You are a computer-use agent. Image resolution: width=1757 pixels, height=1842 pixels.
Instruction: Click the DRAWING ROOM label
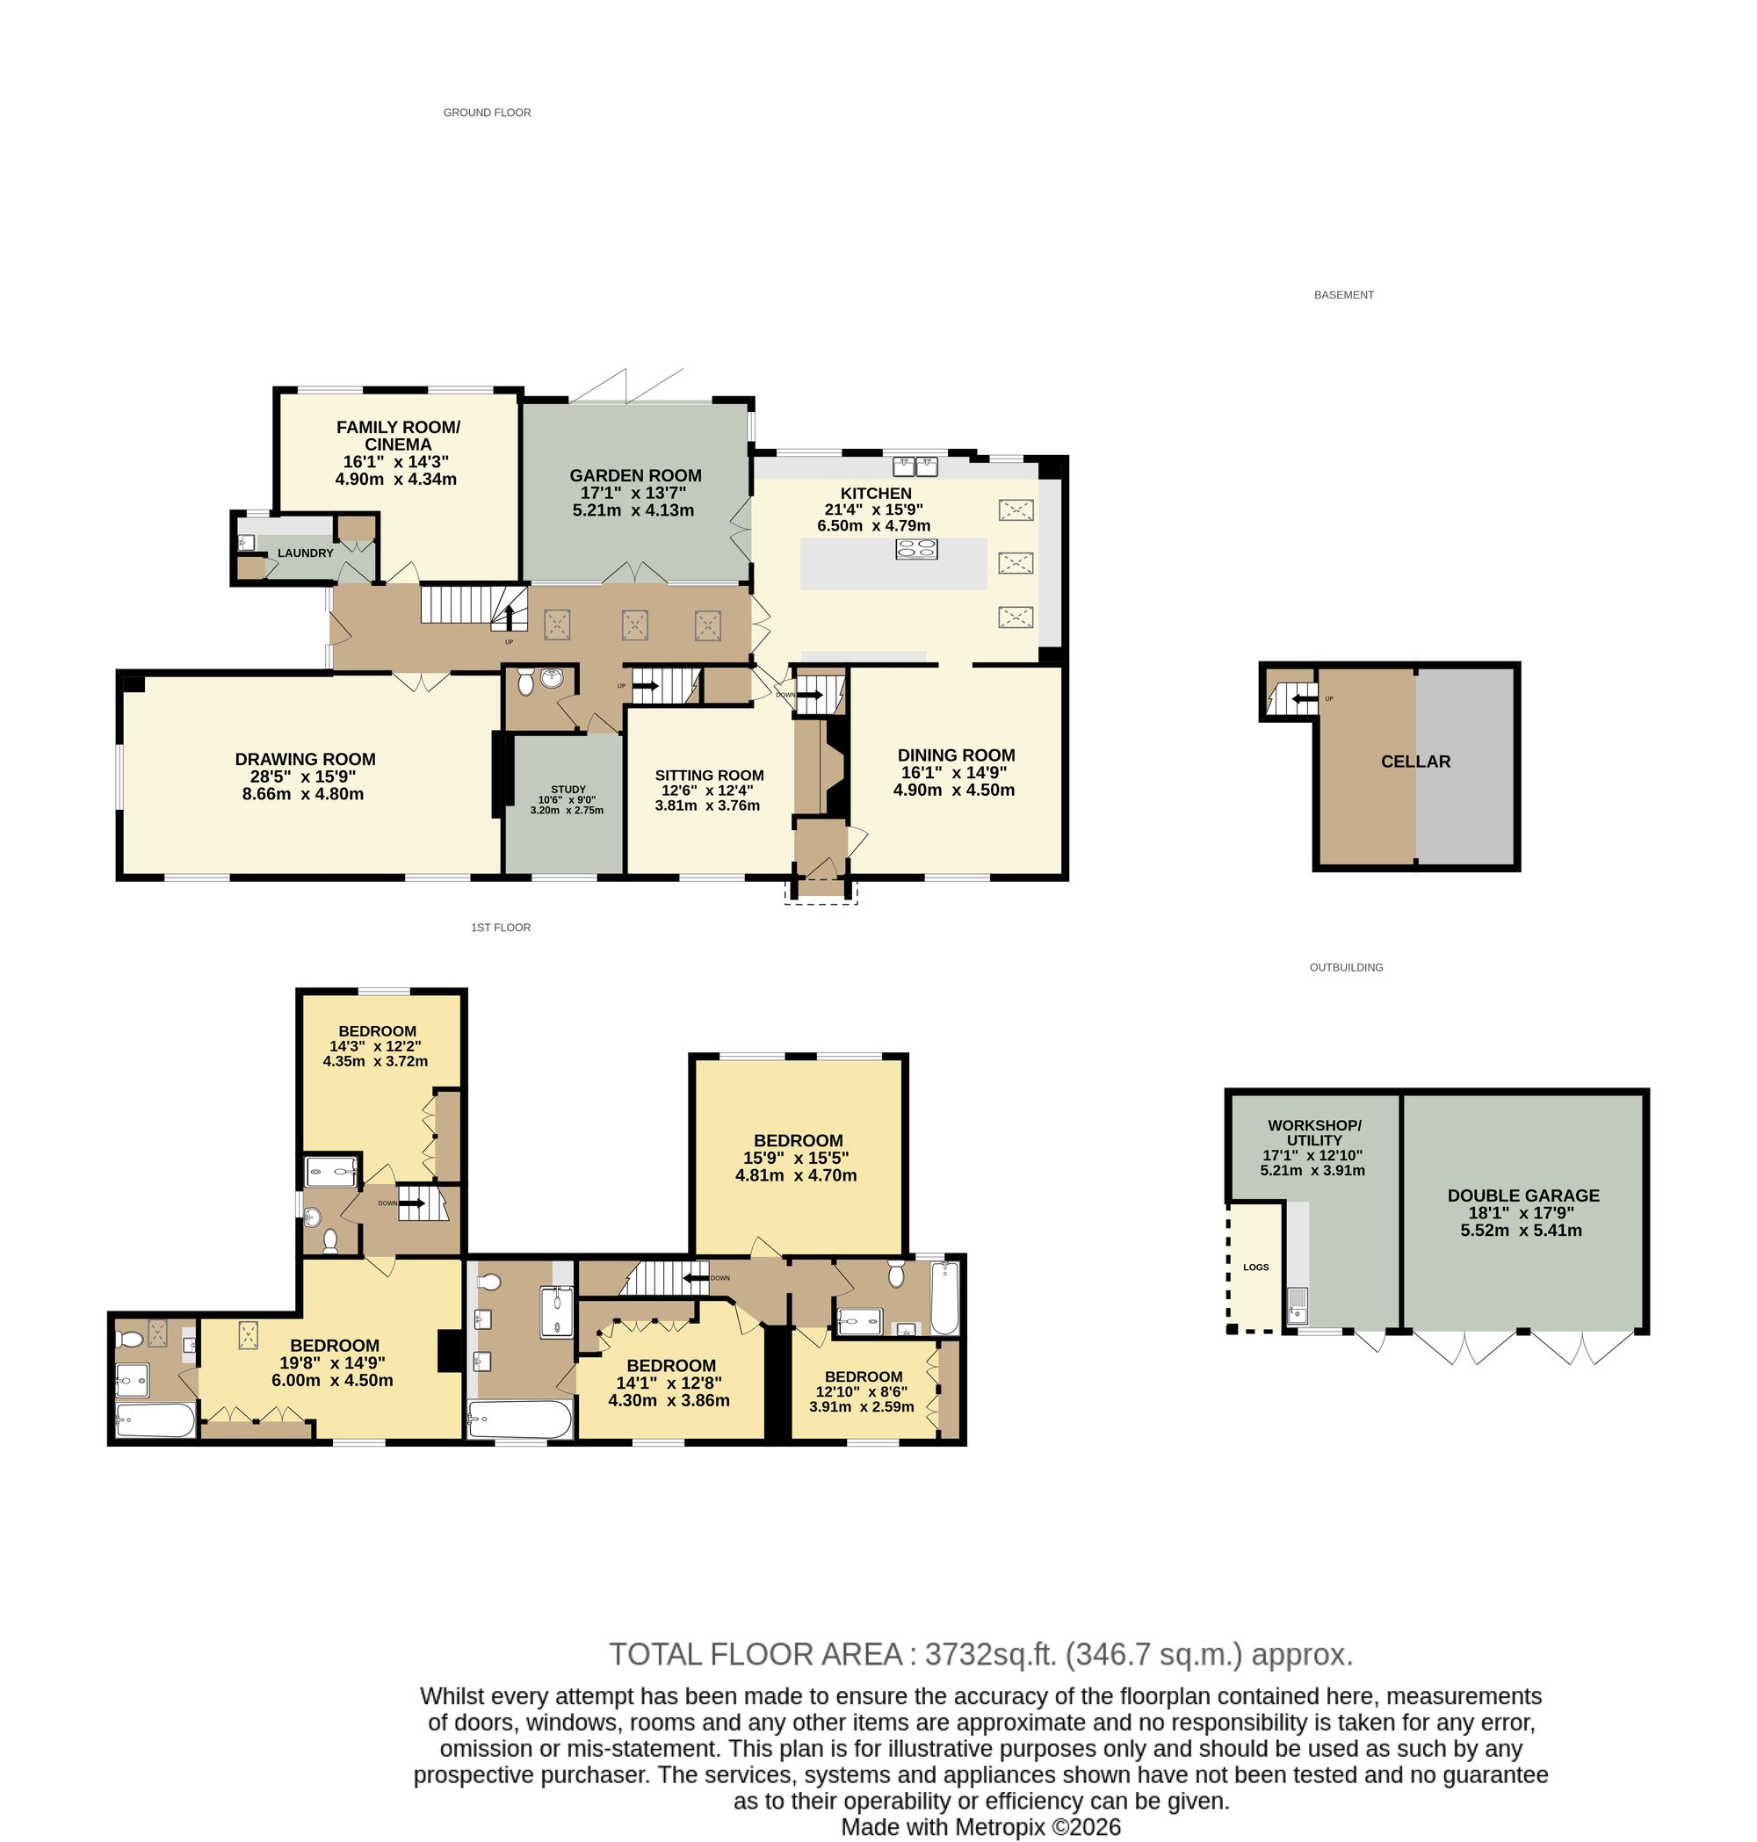306,760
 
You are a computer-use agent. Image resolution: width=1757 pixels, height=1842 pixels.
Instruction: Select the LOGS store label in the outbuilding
1256,1267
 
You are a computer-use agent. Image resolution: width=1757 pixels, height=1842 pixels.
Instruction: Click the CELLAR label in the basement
1415,762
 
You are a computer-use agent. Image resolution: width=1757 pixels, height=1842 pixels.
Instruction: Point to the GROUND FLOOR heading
487,112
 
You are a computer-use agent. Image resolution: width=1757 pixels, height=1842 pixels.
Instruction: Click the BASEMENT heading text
1343,295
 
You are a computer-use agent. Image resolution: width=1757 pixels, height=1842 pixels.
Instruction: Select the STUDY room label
568,790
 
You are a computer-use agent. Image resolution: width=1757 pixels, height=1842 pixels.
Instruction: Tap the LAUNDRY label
306,553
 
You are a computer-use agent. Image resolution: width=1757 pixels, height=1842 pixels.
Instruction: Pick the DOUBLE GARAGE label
1522,1195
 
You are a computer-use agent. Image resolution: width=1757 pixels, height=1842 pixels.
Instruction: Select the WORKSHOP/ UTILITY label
1314,1132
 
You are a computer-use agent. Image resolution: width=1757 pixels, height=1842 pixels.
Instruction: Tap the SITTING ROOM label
709,776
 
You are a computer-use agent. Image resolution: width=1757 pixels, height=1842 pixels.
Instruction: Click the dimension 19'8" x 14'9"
335,1362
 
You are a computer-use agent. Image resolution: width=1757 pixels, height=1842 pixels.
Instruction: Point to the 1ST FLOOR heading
500,927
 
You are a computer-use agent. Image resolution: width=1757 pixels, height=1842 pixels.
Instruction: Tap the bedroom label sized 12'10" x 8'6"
864,1376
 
